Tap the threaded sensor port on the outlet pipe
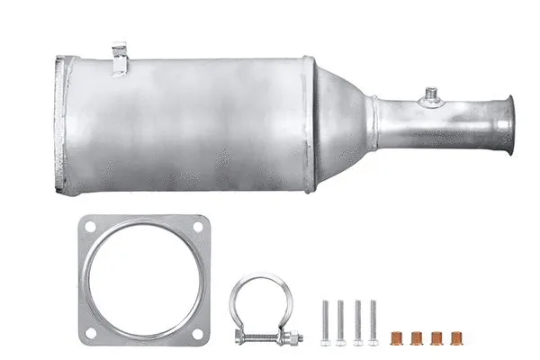(x=433, y=93)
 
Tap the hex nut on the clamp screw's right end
(x=296, y=337)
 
